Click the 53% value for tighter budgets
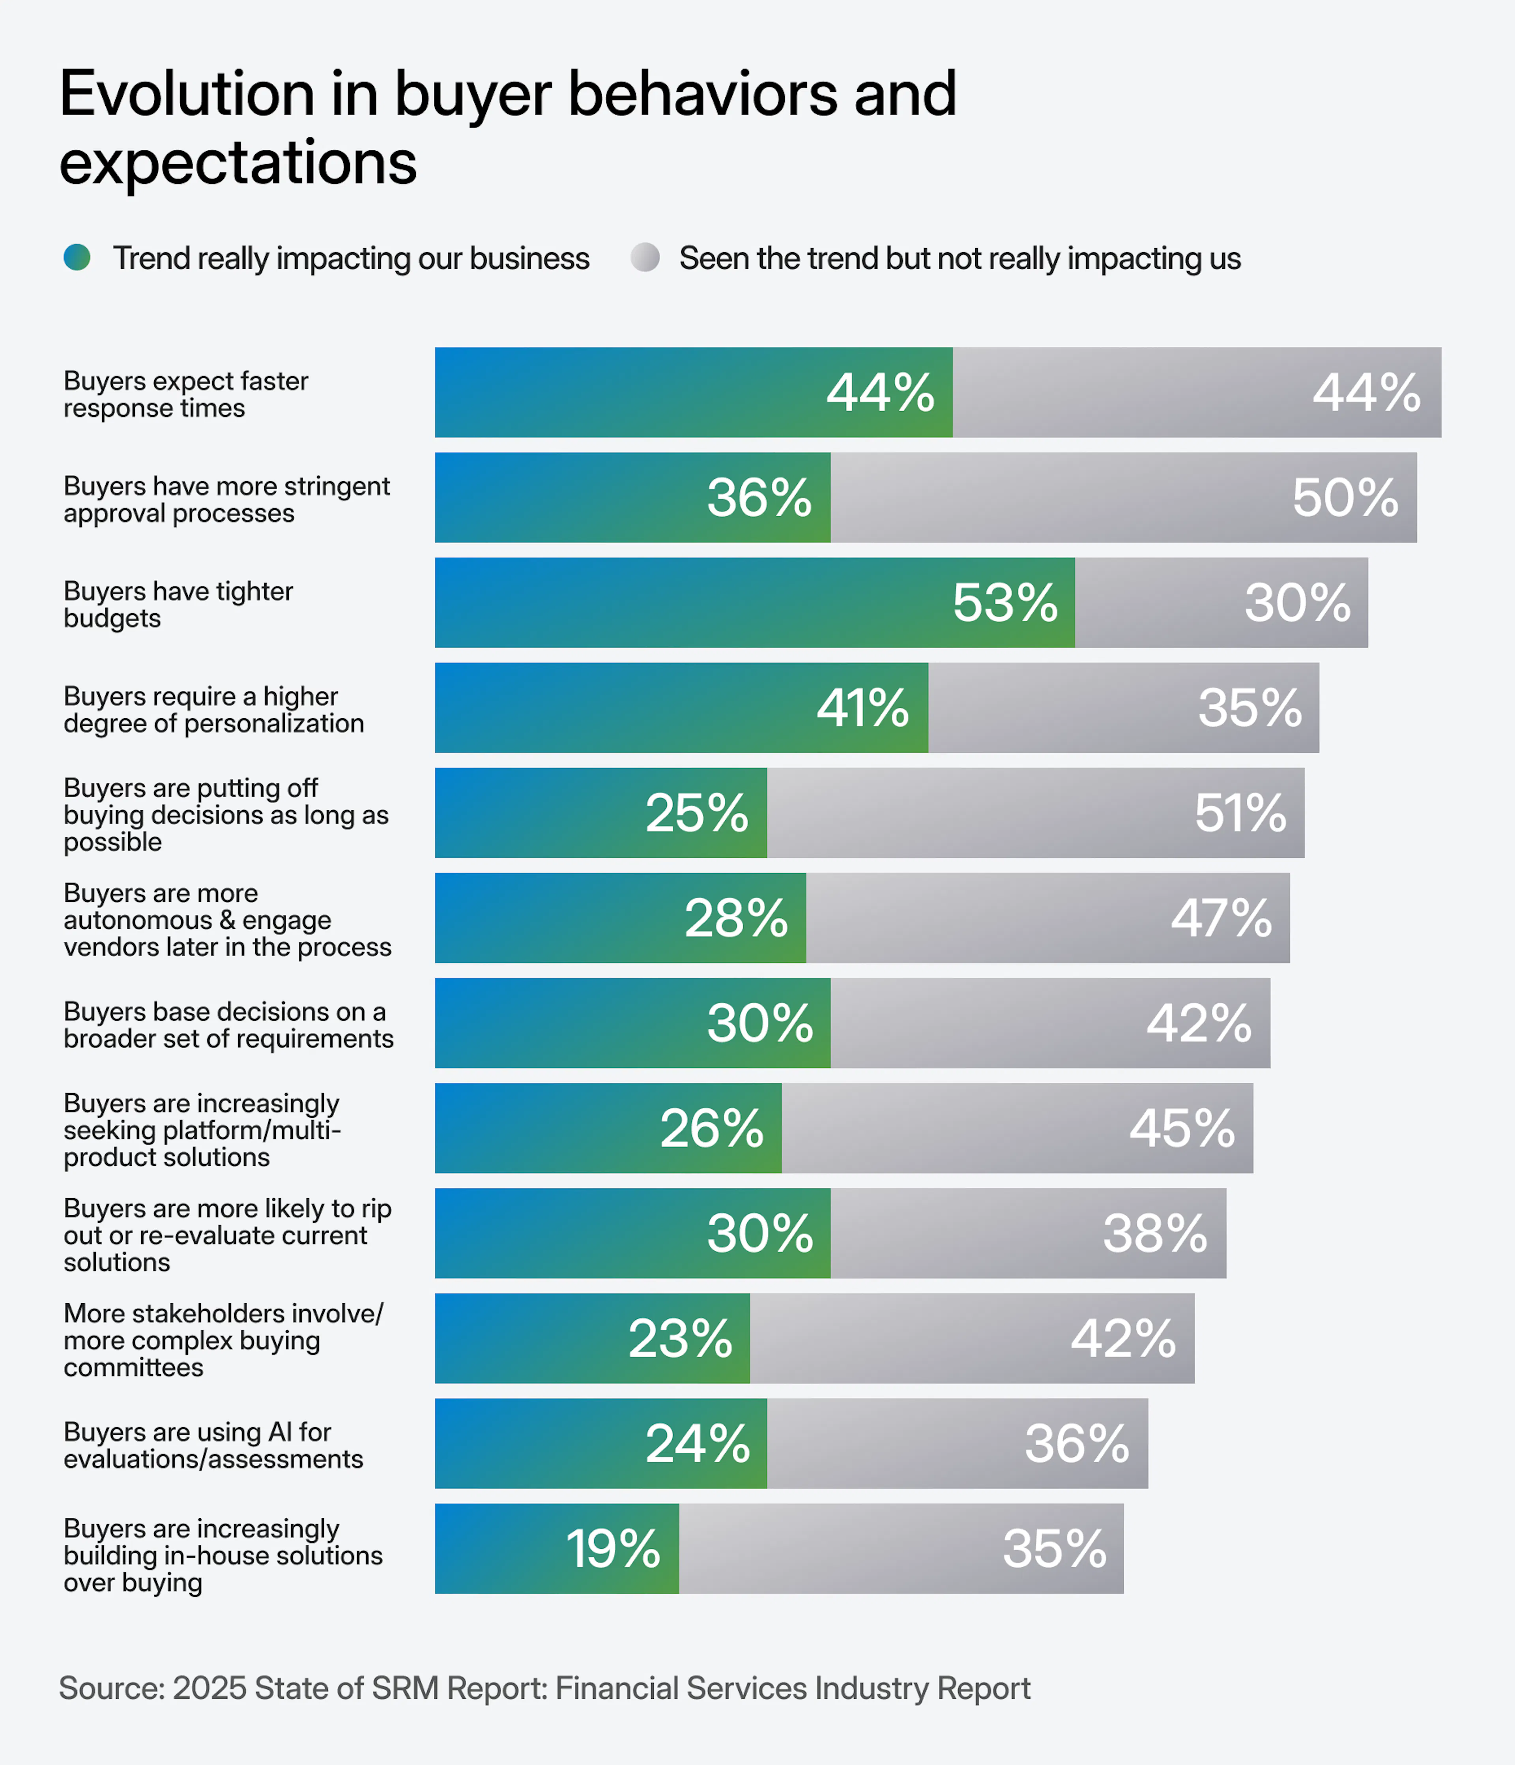pyautogui.click(x=1005, y=603)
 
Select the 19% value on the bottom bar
pyautogui.click(x=613, y=1549)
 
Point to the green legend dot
pyautogui.click(x=77, y=257)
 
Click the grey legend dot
pyautogui.click(x=645, y=257)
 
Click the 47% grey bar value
pyautogui.click(x=1221, y=918)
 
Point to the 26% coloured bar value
pyautogui.click(x=712, y=1129)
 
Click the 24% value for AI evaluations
pyautogui.click(x=698, y=1444)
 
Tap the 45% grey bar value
pyautogui.click(x=1182, y=1129)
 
